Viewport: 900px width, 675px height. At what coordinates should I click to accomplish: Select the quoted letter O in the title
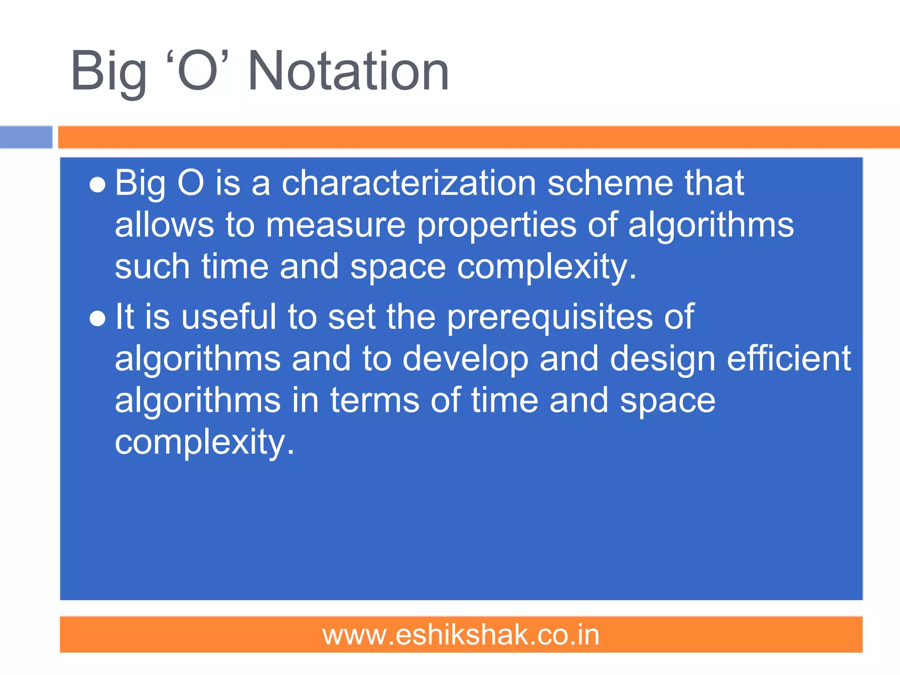(x=198, y=71)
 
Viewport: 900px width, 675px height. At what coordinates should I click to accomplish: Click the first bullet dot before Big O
(x=97, y=185)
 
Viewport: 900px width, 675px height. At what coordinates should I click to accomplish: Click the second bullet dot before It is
(x=97, y=319)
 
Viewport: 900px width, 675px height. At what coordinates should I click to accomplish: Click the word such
(x=152, y=267)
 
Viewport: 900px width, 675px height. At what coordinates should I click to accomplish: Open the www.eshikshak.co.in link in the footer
(x=461, y=635)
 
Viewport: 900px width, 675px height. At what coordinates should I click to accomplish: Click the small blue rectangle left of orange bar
(x=26, y=137)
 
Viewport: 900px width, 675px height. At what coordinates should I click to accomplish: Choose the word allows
(x=164, y=225)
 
